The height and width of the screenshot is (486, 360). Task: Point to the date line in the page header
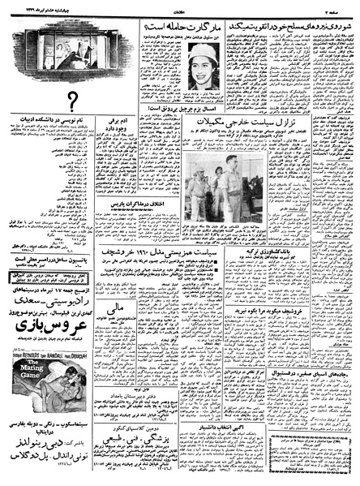pyautogui.click(x=45, y=8)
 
